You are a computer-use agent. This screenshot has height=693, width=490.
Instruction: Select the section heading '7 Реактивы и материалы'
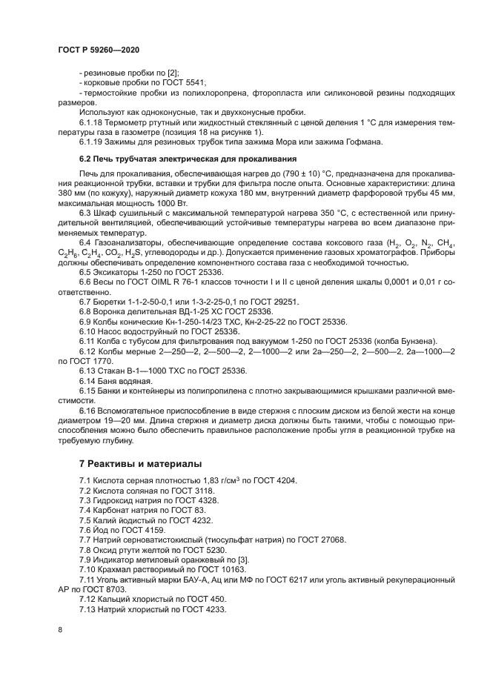[140, 463]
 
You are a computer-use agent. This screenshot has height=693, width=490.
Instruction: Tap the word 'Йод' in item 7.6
[102, 531]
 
